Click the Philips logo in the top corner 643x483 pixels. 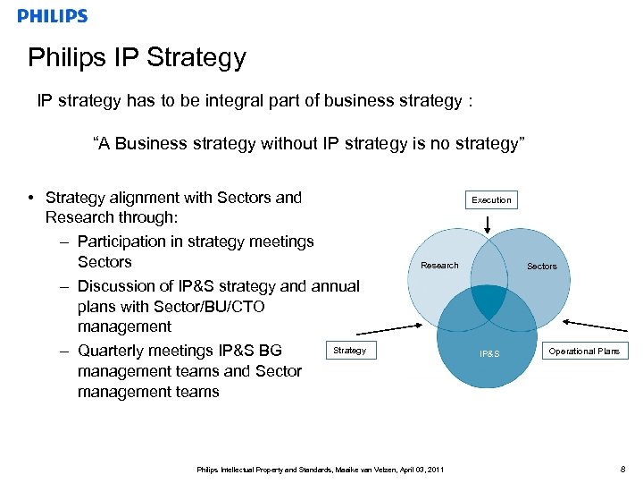pyautogui.click(x=53, y=16)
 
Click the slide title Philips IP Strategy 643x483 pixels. pyautogui.click(x=137, y=58)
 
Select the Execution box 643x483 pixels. pyautogui.click(x=491, y=200)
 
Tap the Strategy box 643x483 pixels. pyautogui.click(x=349, y=351)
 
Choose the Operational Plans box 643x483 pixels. pyautogui.click(x=584, y=352)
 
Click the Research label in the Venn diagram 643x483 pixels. pyautogui.click(x=439, y=266)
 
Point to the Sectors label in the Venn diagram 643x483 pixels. pyautogui.click(x=541, y=267)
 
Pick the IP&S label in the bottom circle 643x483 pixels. pyautogui.click(x=489, y=354)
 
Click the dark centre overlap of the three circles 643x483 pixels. pyautogui.click(x=489, y=302)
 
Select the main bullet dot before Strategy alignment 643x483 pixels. pyautogui.click(x=31, y=199)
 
